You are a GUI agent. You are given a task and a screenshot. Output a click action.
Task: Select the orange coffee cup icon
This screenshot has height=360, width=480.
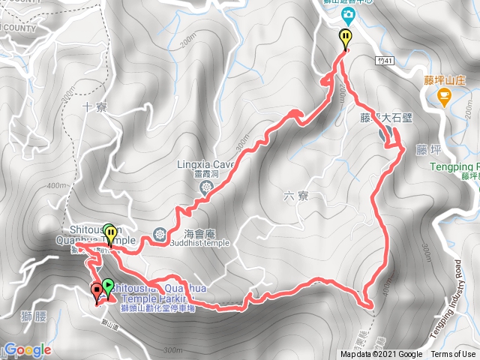click(444, 95)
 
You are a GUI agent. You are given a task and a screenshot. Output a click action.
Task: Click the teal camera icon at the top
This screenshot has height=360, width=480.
click(349, 14)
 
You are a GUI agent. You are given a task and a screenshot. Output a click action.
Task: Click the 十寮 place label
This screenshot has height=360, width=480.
click(96, 108)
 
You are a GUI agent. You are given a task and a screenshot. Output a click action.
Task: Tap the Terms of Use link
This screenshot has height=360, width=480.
click(453, 355)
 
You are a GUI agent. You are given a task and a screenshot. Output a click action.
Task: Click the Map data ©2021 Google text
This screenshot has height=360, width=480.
click(381, 355)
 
